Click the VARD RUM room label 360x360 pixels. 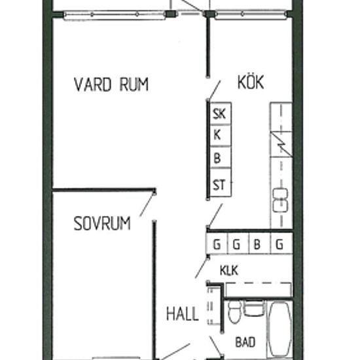click(111, 84)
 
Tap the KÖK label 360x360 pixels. click(251, 82)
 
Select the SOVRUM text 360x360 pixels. click(102, 223)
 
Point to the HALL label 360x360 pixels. click(183, 314)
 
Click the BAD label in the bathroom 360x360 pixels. click(245, 342)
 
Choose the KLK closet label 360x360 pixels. click(228, 270)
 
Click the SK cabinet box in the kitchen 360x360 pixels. click(221, 113)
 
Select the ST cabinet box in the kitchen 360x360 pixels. click(221, 183)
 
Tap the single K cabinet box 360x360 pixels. click(221, 135)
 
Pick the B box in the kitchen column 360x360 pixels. click(221, 158)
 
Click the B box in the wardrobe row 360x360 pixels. click(260, 243)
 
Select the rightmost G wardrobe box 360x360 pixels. click(281, 243)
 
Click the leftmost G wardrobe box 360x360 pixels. click(217, 243)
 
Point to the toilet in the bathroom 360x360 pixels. click(234, 312)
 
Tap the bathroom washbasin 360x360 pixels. click(254, 308)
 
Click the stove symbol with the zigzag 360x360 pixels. click(281, 144)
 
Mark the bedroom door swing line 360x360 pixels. click(147, 205)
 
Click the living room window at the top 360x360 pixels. click(115, 15)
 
